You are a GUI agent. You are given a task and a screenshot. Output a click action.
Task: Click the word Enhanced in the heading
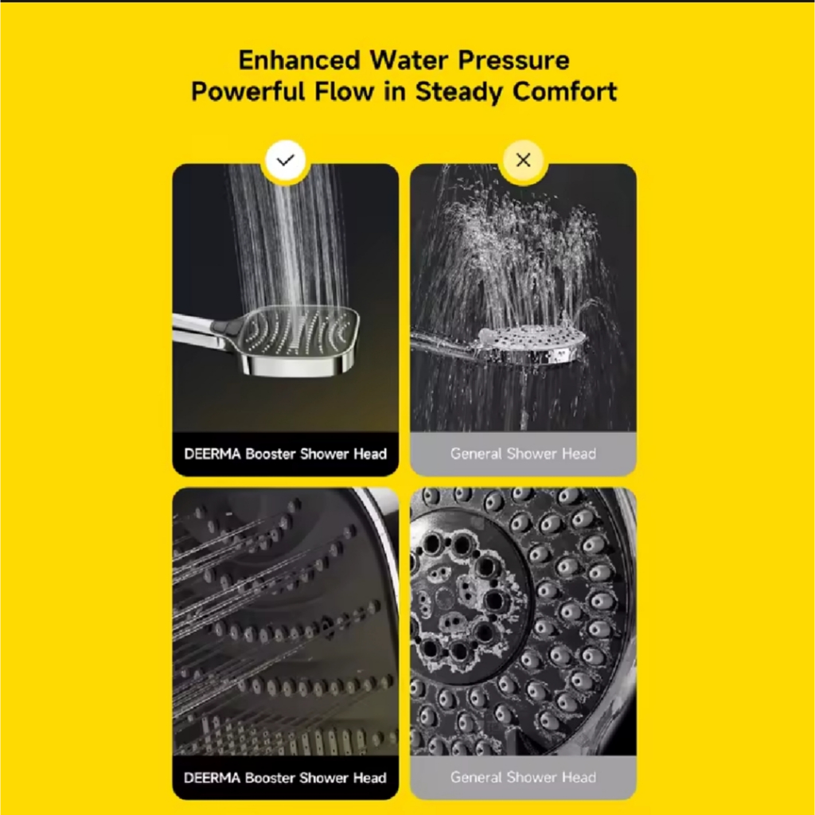(299, 60)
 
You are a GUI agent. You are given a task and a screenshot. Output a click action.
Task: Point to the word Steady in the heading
(459, 92)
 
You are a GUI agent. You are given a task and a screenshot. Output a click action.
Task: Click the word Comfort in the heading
(564, 92)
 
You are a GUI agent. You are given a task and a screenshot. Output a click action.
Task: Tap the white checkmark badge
(286, 161)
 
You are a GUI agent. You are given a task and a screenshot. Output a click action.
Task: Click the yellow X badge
(523, 161)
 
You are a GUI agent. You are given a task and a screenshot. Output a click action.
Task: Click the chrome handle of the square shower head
(204, 330)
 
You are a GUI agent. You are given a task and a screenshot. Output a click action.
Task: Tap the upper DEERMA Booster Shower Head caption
(286, 454)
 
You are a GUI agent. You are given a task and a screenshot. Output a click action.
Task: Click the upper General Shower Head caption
(523, 454)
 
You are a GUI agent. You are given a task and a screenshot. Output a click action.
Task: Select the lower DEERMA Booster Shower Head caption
(286, 778)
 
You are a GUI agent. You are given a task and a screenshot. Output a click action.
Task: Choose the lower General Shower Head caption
(523, 778)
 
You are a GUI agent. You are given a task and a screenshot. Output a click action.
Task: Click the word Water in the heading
(408, 60)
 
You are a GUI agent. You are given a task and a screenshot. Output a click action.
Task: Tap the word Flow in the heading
(344, 92)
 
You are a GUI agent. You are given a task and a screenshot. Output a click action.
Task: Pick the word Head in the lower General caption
(579, 778)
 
